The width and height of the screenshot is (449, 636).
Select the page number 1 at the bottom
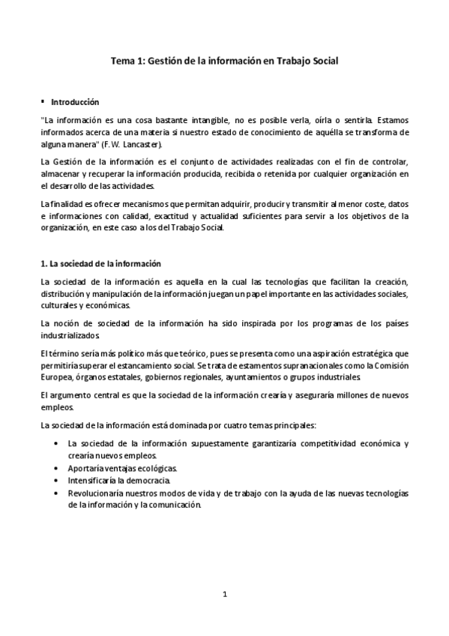225,594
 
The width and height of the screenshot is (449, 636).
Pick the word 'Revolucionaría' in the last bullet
94,492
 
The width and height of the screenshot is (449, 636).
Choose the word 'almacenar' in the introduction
60,174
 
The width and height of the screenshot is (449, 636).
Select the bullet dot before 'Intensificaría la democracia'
58,480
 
